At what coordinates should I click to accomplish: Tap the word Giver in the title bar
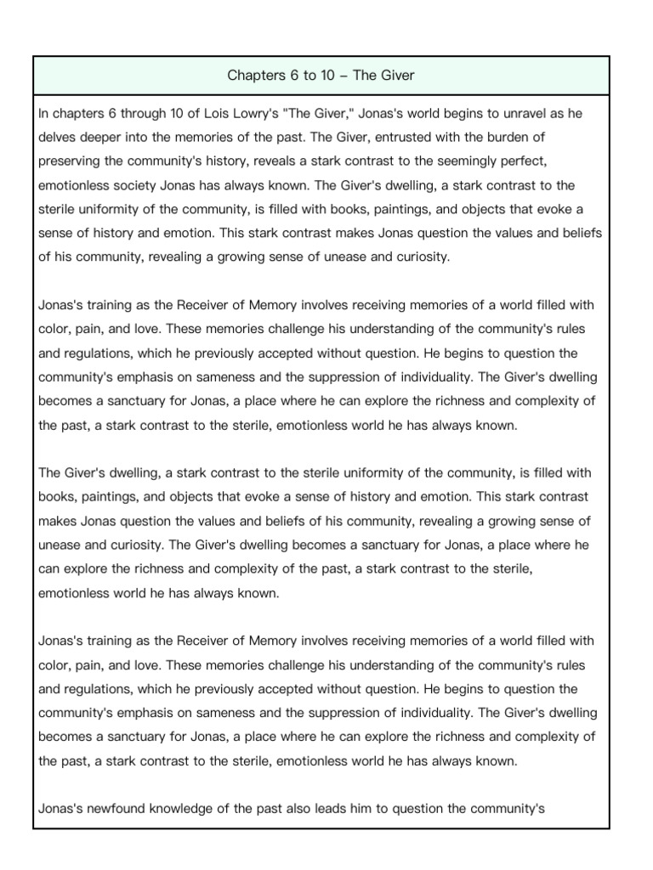click(397, 76)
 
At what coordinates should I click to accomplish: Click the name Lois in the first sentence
click(190, 113)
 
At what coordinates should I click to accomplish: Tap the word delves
click(57, 137)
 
